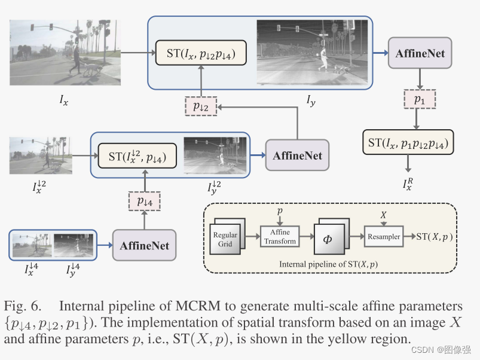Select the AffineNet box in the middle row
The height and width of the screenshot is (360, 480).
coord(297,155)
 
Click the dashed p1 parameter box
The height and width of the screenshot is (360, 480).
coord(419,100)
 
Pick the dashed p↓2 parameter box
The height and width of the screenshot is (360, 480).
coord(201,106)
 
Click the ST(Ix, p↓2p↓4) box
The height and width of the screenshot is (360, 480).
coord(201,55)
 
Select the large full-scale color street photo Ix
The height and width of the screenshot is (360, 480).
coord(65,49)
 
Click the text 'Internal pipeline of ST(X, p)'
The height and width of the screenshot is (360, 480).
coord(329,264)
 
